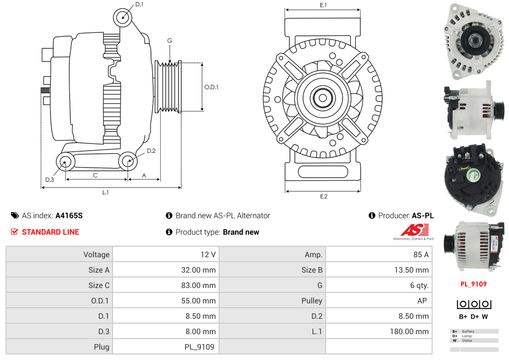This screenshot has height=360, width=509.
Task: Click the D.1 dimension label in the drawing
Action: (x=139, y=4)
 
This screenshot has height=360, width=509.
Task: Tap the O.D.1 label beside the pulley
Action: (x=211, y=87)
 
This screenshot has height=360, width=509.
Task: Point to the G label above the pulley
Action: (x=170, y=41)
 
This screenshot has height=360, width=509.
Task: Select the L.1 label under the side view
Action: (x=105, y=192)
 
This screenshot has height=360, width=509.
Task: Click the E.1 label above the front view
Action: (x=323, y=5)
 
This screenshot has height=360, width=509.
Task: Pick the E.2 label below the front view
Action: (x=323, y=196)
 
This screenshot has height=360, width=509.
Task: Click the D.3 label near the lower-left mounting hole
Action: (x=49, y=179)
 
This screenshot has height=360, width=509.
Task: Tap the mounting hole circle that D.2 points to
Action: (x=128, y=161)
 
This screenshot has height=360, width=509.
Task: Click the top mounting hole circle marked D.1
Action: (x=124, y=18)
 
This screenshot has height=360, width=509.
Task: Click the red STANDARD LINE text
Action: (x=51, y=232)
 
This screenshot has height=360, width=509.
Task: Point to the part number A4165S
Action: (x=69, y=215)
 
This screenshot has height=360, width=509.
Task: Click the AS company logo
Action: (x=412, y=232)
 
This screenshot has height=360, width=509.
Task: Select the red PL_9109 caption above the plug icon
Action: (x=473, y=284)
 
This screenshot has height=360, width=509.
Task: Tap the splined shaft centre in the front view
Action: (x=323, y=98)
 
